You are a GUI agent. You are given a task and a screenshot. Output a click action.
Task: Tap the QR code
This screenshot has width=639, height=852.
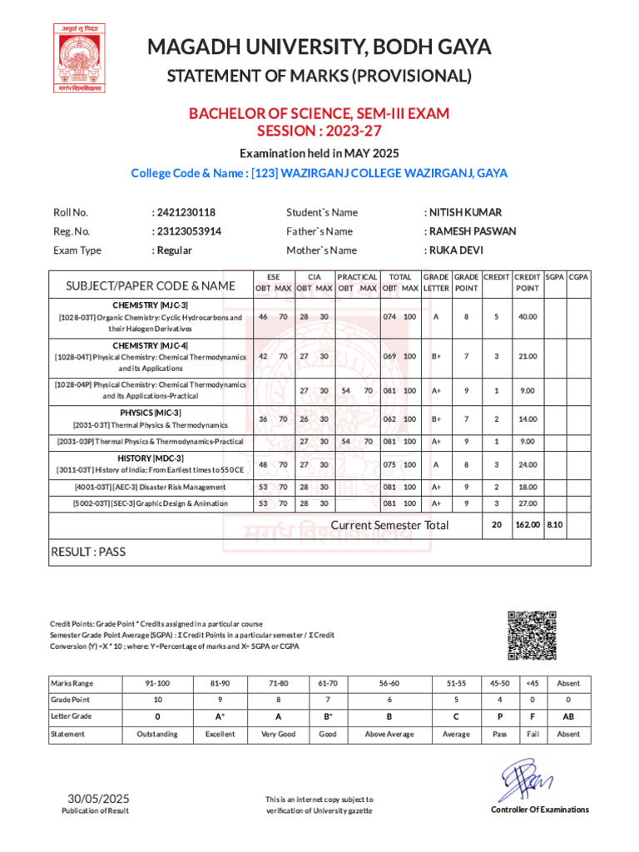531,635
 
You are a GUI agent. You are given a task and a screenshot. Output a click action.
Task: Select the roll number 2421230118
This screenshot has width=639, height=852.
186,212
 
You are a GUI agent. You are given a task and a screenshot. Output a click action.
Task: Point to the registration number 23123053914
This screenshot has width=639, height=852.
189,231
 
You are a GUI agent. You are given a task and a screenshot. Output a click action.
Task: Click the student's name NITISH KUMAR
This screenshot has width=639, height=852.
465,212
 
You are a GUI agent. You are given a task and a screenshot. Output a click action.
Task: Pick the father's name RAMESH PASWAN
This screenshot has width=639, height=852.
472,231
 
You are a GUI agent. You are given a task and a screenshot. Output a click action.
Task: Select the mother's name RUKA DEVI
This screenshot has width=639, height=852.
455,250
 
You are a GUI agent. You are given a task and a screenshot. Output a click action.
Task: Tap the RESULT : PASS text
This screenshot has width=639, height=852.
89,551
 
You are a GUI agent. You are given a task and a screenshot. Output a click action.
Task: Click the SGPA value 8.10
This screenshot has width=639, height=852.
554,525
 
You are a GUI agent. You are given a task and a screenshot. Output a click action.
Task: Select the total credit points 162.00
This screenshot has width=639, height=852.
528,525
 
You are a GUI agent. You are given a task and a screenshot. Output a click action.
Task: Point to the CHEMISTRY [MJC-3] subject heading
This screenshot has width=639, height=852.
151,305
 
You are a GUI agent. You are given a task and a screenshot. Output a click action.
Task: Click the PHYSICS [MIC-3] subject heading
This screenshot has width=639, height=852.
151,413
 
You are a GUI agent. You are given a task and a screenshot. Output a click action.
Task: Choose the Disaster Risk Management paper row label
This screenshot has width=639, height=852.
150,487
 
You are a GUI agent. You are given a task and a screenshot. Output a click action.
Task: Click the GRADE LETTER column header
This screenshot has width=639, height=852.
435,282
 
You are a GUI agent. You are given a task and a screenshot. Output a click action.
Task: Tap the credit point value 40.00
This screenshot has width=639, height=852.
528,316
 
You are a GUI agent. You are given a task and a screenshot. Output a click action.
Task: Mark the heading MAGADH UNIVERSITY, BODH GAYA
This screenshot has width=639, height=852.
319,47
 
